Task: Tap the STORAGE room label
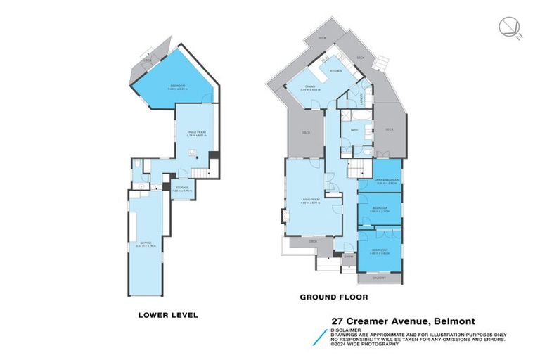(x=183, y=188)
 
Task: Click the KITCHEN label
(x=335, y=70)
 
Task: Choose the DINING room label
(x=310, y=88)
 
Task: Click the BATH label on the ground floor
(x=355, y=130)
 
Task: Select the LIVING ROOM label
(x=311, y=200)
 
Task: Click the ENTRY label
(x=347, y=257)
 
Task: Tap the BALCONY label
(x=380, y=278)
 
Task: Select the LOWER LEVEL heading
(x=169, y=315)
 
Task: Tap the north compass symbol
(x=508, y=28)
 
